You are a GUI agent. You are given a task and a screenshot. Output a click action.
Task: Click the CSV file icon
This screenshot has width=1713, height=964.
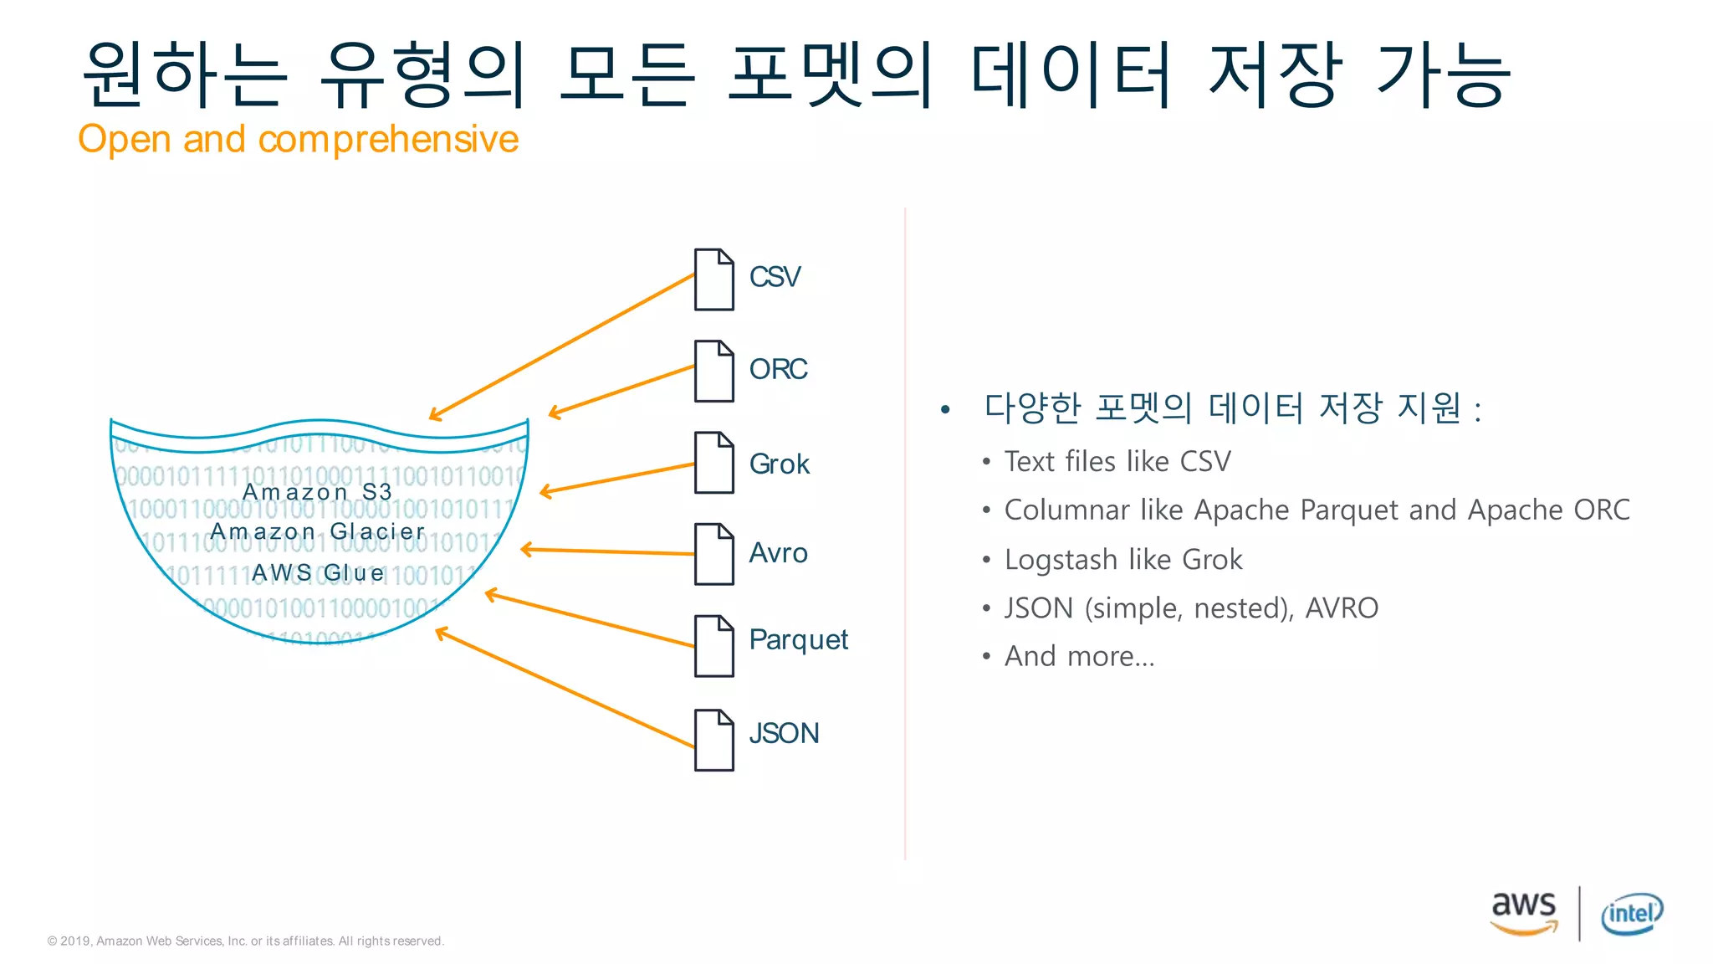click(x=714, y=279)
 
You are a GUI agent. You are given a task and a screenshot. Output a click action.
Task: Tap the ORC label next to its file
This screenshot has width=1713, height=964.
click(x=778, y=369)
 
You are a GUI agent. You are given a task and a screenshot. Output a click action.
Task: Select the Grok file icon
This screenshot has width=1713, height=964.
click(x=714, y=463)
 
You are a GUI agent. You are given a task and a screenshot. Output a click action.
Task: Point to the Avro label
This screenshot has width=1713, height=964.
click(x=778, y=553)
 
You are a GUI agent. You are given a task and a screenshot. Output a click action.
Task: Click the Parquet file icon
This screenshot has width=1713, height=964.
click(x=714, y=646)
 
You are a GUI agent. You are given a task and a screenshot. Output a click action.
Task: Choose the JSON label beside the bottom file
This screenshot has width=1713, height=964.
click(x=784, y=734)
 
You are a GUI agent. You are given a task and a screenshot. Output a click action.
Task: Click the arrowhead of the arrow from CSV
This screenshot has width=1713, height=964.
click(x=433, y=416)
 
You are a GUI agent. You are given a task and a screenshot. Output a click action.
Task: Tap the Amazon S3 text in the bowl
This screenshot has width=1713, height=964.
click(x=317, y=492)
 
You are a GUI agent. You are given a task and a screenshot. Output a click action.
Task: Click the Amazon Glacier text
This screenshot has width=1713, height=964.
click(x=318, y=531)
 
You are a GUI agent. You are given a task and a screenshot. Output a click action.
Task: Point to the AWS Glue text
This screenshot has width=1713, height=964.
click(x=318, y=573)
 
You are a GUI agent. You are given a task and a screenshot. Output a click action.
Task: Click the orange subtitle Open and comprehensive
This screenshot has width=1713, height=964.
click(x=298, y=139)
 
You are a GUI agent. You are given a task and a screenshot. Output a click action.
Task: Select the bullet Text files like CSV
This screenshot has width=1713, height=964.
click(x=1117, y=462)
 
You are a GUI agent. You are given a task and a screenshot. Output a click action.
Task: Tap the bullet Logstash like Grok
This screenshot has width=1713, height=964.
click(x=1123, y=560)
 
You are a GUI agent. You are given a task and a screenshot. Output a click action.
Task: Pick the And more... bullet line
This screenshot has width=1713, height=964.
click(x=1079, y=657)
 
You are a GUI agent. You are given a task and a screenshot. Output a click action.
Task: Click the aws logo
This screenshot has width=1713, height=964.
click(x=1524, y=911)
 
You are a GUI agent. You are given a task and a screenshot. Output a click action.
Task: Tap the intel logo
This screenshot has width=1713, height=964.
click(x=1631, y=914)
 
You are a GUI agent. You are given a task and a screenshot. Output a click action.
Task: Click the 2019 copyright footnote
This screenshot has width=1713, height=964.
click(x=245, y=941)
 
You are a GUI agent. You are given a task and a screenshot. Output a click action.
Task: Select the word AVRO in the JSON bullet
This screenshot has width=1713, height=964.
click(x=1342, y=608)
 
